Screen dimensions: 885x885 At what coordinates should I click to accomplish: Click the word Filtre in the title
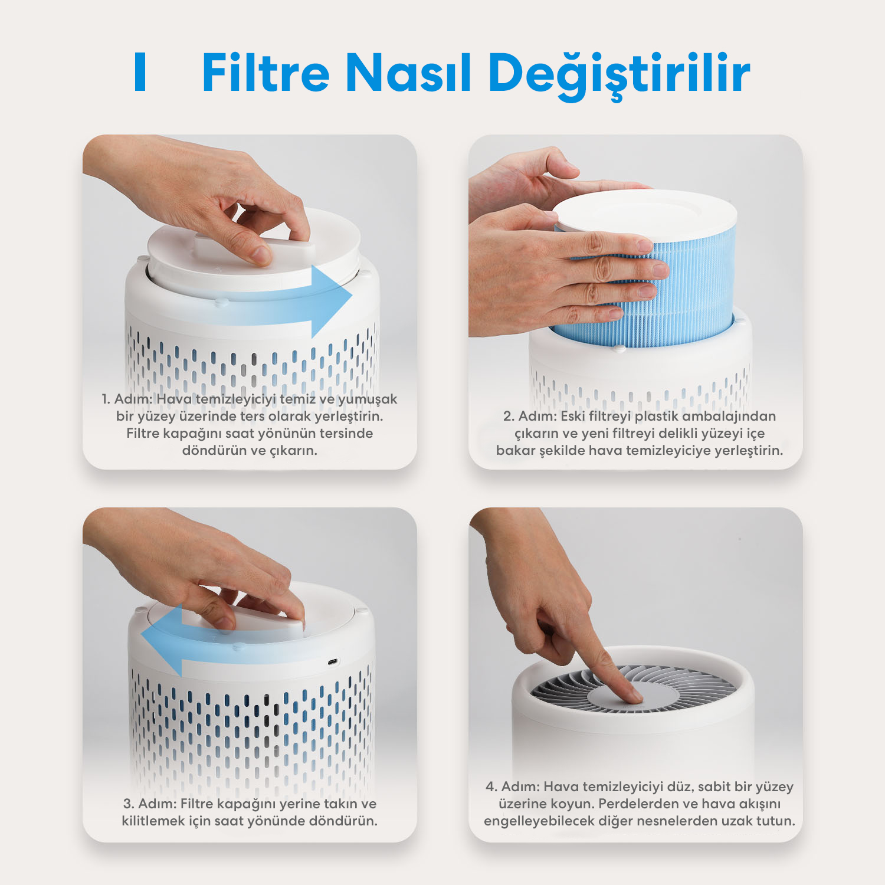point(265,72)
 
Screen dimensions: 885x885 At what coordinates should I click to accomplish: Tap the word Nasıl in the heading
point(409,72)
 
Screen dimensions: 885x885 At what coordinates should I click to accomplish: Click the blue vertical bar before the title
point(140,72)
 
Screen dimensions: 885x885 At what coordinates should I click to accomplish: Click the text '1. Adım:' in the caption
point(127,399)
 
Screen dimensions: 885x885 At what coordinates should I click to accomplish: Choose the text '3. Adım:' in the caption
point(150,804)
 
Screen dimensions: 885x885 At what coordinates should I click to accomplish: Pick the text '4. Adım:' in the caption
point(513,787)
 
